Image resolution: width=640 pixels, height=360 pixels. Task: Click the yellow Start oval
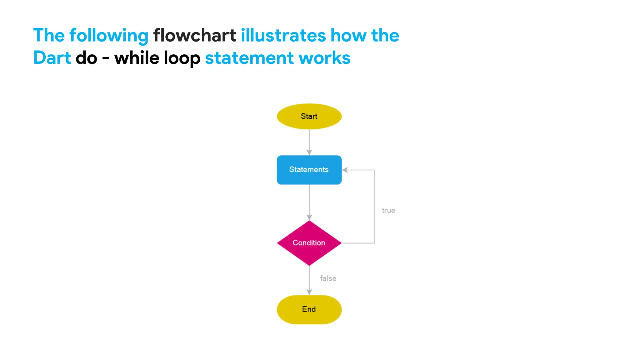pos(309,116)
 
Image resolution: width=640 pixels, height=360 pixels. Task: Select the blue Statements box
pos(309,170)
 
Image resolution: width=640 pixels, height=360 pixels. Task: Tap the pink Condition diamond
pos(309,243)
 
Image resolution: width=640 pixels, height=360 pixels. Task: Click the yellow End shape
pos(309,309)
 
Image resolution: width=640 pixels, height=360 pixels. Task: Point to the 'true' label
pos(388,211)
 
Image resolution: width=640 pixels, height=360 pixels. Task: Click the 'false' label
pos(328,278)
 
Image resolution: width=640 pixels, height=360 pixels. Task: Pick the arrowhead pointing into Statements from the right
pos(345,170)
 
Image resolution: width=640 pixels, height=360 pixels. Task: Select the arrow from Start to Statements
pos(309,142)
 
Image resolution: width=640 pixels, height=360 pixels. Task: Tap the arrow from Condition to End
pos(309,280)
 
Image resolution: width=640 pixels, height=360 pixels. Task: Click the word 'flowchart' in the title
pos(194,35)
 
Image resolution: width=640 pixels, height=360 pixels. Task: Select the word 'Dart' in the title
pos(52,58)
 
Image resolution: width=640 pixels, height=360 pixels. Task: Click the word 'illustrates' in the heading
pos(283,35)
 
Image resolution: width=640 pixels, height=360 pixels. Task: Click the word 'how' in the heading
pos(348,35)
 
